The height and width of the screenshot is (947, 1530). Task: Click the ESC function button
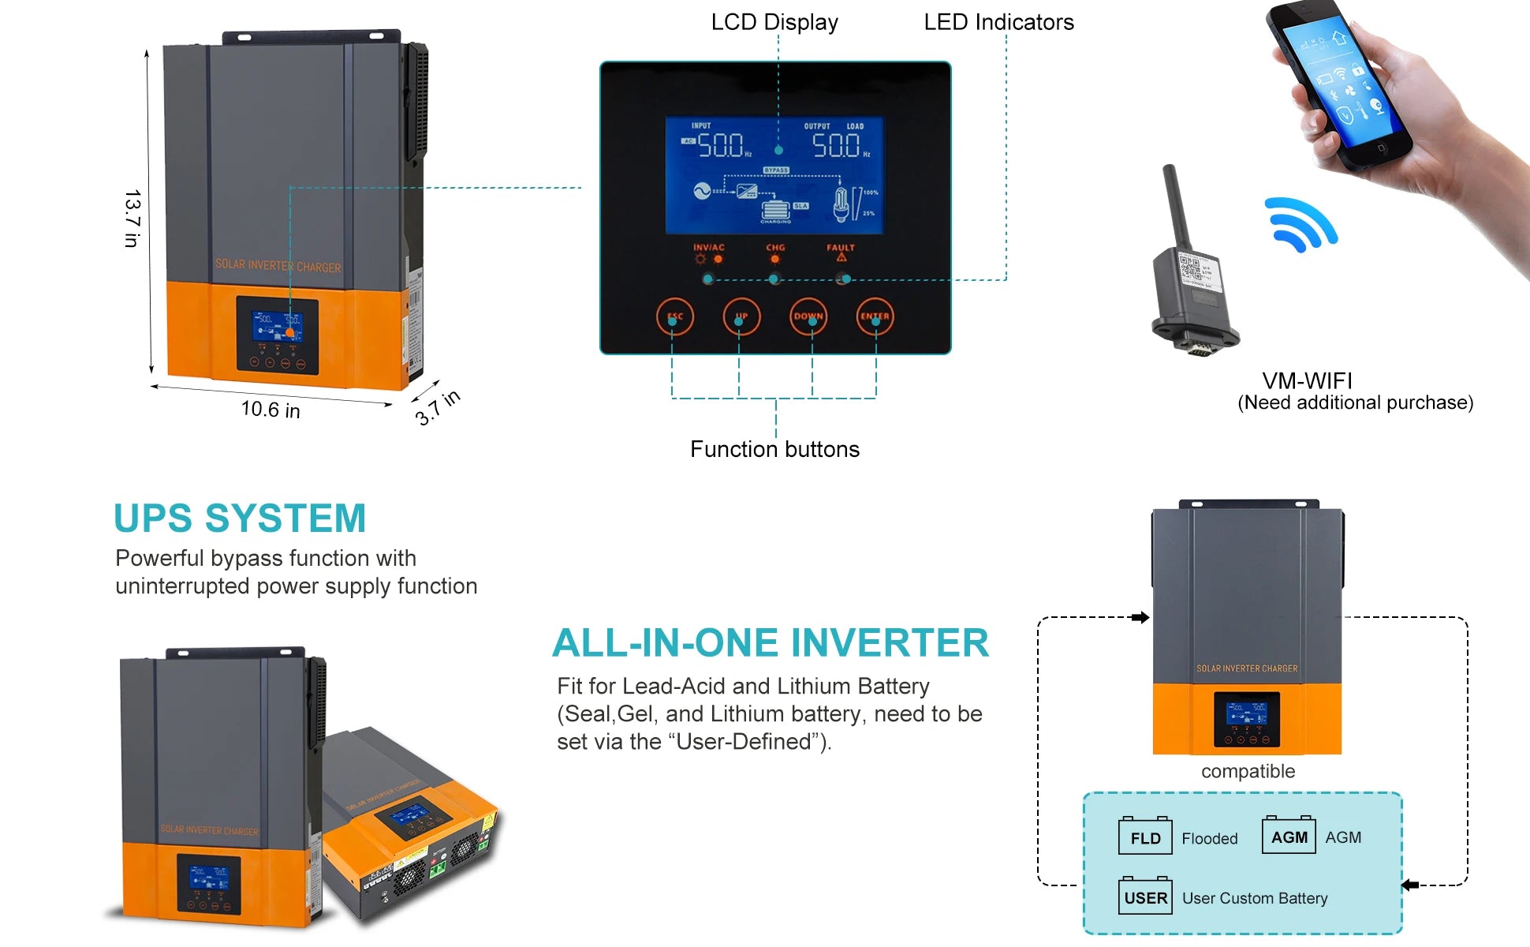coord(674,316)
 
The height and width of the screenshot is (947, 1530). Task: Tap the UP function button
coord(741,316)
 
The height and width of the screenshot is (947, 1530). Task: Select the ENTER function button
coord(875,316)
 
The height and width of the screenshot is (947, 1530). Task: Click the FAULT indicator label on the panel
coord(841,248)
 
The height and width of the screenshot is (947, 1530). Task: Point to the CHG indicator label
coord(775,248)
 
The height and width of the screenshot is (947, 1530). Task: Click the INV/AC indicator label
coord(708,248)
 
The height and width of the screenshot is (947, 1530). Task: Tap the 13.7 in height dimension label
coord(132,218)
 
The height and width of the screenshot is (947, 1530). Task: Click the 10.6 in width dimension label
coord(271,410)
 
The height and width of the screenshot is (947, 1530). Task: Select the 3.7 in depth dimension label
coord(438,407)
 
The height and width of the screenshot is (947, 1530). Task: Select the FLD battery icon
coord(1145,837)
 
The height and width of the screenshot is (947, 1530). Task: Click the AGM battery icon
coord(1289,836)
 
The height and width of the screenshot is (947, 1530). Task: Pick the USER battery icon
coord(1145,896)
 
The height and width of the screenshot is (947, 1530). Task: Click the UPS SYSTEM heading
coord(240,519)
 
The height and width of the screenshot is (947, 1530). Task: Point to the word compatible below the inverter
coord(1248,771)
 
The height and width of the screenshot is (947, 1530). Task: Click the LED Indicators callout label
coord(998,22)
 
